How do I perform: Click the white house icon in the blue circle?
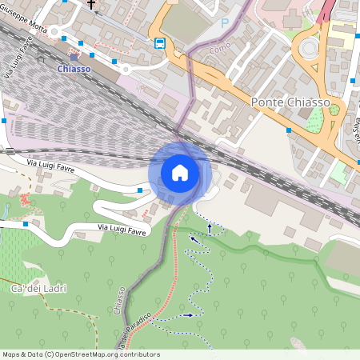tap(180, 173)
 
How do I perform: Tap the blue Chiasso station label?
tap(74, 70)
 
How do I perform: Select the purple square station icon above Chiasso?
tap(74, 57)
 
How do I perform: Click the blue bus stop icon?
tap(160, 43)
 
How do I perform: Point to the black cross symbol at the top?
tap(91, 5)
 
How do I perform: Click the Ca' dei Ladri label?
tap(38, 288)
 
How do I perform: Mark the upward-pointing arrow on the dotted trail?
tap(210, 228)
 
